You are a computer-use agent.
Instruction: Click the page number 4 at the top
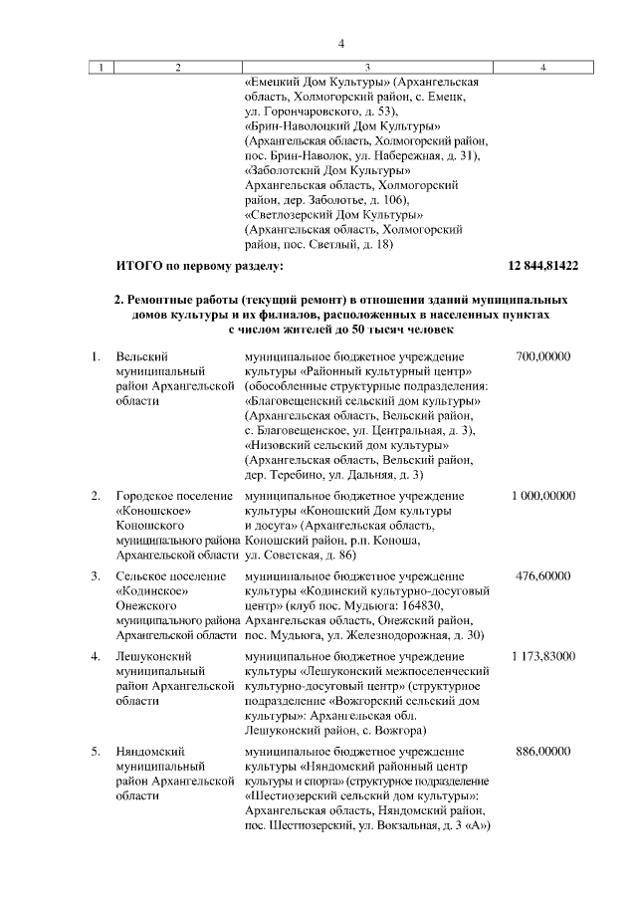click(340, 42)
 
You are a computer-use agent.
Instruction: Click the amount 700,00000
click(543, 356)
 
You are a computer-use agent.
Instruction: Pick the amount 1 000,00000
click(543, 495)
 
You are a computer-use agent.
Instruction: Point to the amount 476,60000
click(543, 575)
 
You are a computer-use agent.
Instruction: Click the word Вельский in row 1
click(140, 356)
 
